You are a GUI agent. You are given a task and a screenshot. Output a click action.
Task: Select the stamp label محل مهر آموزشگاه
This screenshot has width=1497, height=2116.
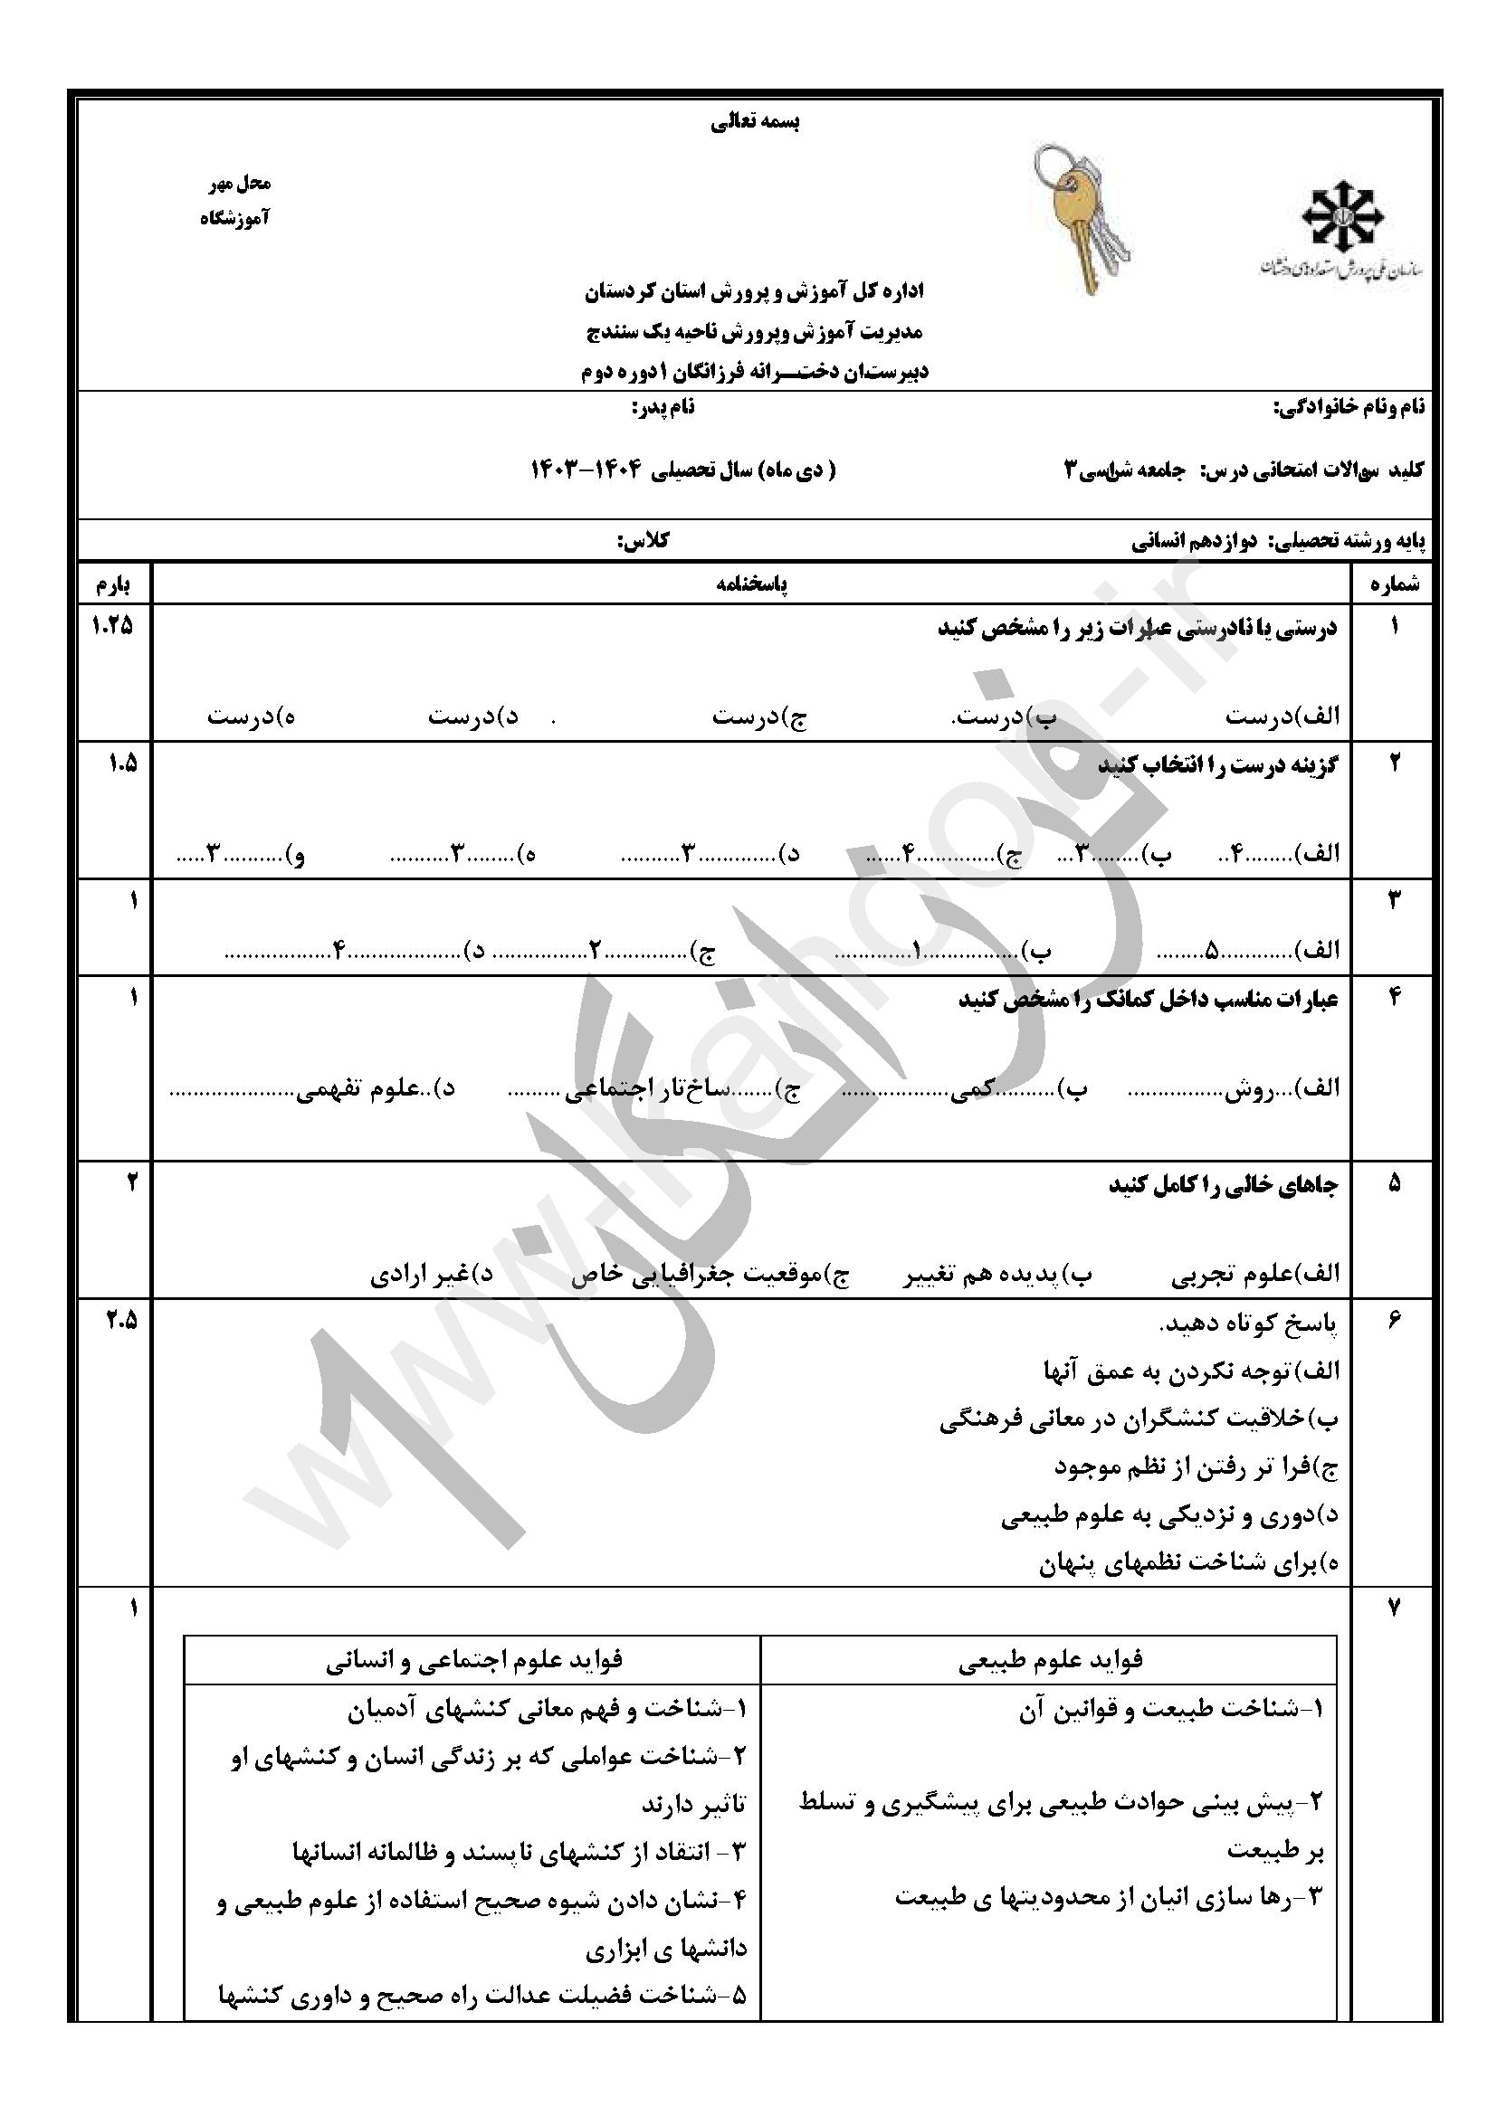tap(237, 201)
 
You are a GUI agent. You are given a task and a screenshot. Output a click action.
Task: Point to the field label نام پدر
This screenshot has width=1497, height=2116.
tap(662, 407)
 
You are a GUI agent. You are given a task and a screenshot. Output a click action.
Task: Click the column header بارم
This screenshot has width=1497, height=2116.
tap(113, 584)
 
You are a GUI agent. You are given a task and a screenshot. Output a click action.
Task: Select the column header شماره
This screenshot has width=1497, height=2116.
tap(1394, 584)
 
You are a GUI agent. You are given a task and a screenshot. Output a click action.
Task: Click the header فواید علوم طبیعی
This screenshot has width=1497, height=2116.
tap(1050, 1660)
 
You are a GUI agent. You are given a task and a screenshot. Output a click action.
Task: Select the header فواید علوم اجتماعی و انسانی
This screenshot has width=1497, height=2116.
tap(473, 1660)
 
